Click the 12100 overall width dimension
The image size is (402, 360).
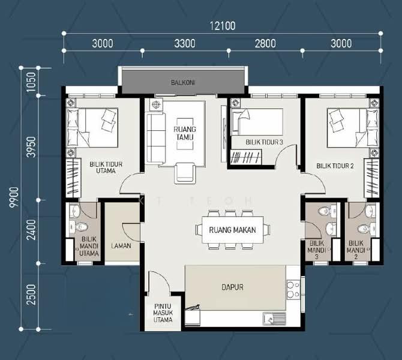point(223,26)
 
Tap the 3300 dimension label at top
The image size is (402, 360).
point(185,43)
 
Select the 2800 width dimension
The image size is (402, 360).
point(265,43)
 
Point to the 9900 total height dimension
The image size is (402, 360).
point(14,197)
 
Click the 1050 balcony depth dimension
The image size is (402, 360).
point(31,82)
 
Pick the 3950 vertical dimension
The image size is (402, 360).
point(31,147)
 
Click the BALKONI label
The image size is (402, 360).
point(183,83)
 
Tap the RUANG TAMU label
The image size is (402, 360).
point(185,133)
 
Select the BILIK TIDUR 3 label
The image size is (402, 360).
point(264,142)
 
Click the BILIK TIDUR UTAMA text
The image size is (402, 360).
point(106,167)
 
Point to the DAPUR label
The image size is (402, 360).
point(232,287)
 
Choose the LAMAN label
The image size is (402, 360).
point(121,245)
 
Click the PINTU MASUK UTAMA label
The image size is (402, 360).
point(163,313)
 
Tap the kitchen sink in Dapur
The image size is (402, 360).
point(274,319)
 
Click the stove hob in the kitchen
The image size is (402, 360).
point(293,289)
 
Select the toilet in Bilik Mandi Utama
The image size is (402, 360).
point(79,226)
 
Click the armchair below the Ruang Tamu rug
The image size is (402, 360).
point(185,173)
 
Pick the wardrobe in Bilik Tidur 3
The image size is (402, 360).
point(246,157)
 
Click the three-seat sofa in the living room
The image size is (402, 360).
point(155,138)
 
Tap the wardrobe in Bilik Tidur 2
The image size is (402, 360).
point(372,178)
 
